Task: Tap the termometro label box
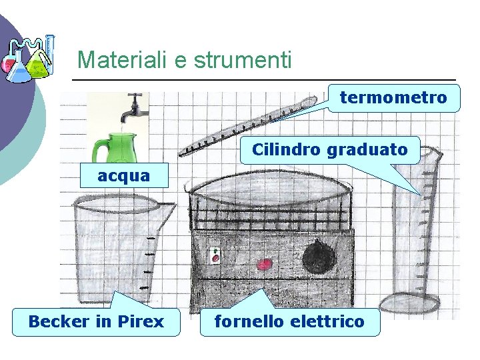393,98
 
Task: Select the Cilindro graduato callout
329,150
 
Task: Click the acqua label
124,176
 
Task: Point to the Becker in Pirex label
96,322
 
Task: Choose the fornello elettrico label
289,322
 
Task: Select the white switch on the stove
215,255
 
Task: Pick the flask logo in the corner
29,59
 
